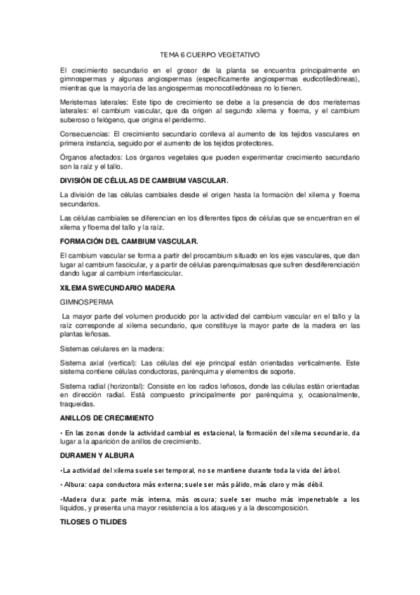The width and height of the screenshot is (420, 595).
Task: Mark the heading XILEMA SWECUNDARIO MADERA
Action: click(116, 288)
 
